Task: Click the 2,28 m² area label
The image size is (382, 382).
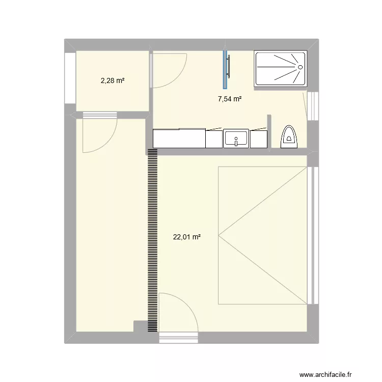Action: click(113, 80)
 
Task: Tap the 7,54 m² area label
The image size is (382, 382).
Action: click(230, 99)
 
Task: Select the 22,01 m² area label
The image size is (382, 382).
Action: click(187, 236)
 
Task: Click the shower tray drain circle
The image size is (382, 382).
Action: click(300, 67)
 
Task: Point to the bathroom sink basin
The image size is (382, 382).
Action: click(236, 139)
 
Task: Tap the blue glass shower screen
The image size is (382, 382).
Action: click(224, 69)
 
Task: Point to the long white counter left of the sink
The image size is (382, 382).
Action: click(179, 138)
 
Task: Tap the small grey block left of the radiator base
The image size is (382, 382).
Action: click(139, 326)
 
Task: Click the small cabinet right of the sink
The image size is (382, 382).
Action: click(259, 139)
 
